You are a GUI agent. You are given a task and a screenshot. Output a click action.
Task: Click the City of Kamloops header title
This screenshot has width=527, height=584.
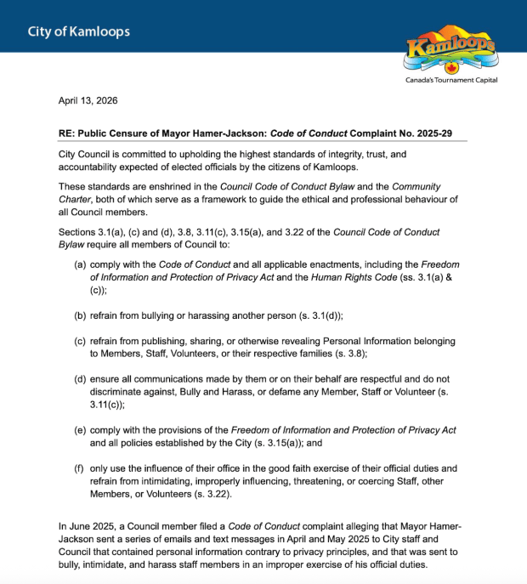[78, 32]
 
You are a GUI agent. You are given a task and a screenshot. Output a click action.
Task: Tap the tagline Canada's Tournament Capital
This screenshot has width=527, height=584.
[451, 80]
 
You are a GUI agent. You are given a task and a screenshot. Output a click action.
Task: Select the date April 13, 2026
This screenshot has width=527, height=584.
[88, 100]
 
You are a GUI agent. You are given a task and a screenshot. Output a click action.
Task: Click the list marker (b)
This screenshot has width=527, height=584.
[81, 315]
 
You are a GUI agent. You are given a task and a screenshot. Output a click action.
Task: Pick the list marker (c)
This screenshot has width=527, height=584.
[81, 341]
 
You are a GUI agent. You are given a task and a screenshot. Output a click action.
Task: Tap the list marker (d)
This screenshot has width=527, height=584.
[81, 378]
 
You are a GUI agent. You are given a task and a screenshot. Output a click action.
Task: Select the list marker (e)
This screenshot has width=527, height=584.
[81, 430]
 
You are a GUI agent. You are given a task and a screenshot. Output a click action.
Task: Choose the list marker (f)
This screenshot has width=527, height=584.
[81, 468]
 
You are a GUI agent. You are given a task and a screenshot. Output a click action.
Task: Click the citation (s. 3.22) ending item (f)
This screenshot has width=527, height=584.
[207, 494]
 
